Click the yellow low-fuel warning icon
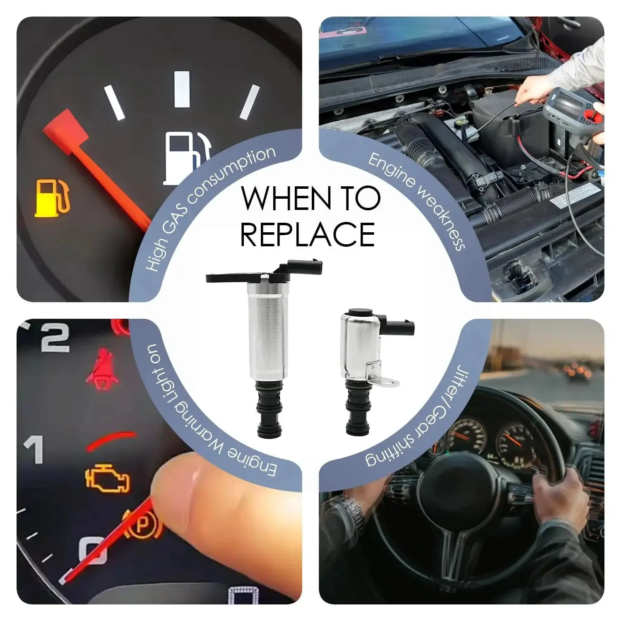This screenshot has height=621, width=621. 52,198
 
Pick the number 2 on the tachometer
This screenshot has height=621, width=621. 55,339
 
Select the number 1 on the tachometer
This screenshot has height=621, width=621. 34,449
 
